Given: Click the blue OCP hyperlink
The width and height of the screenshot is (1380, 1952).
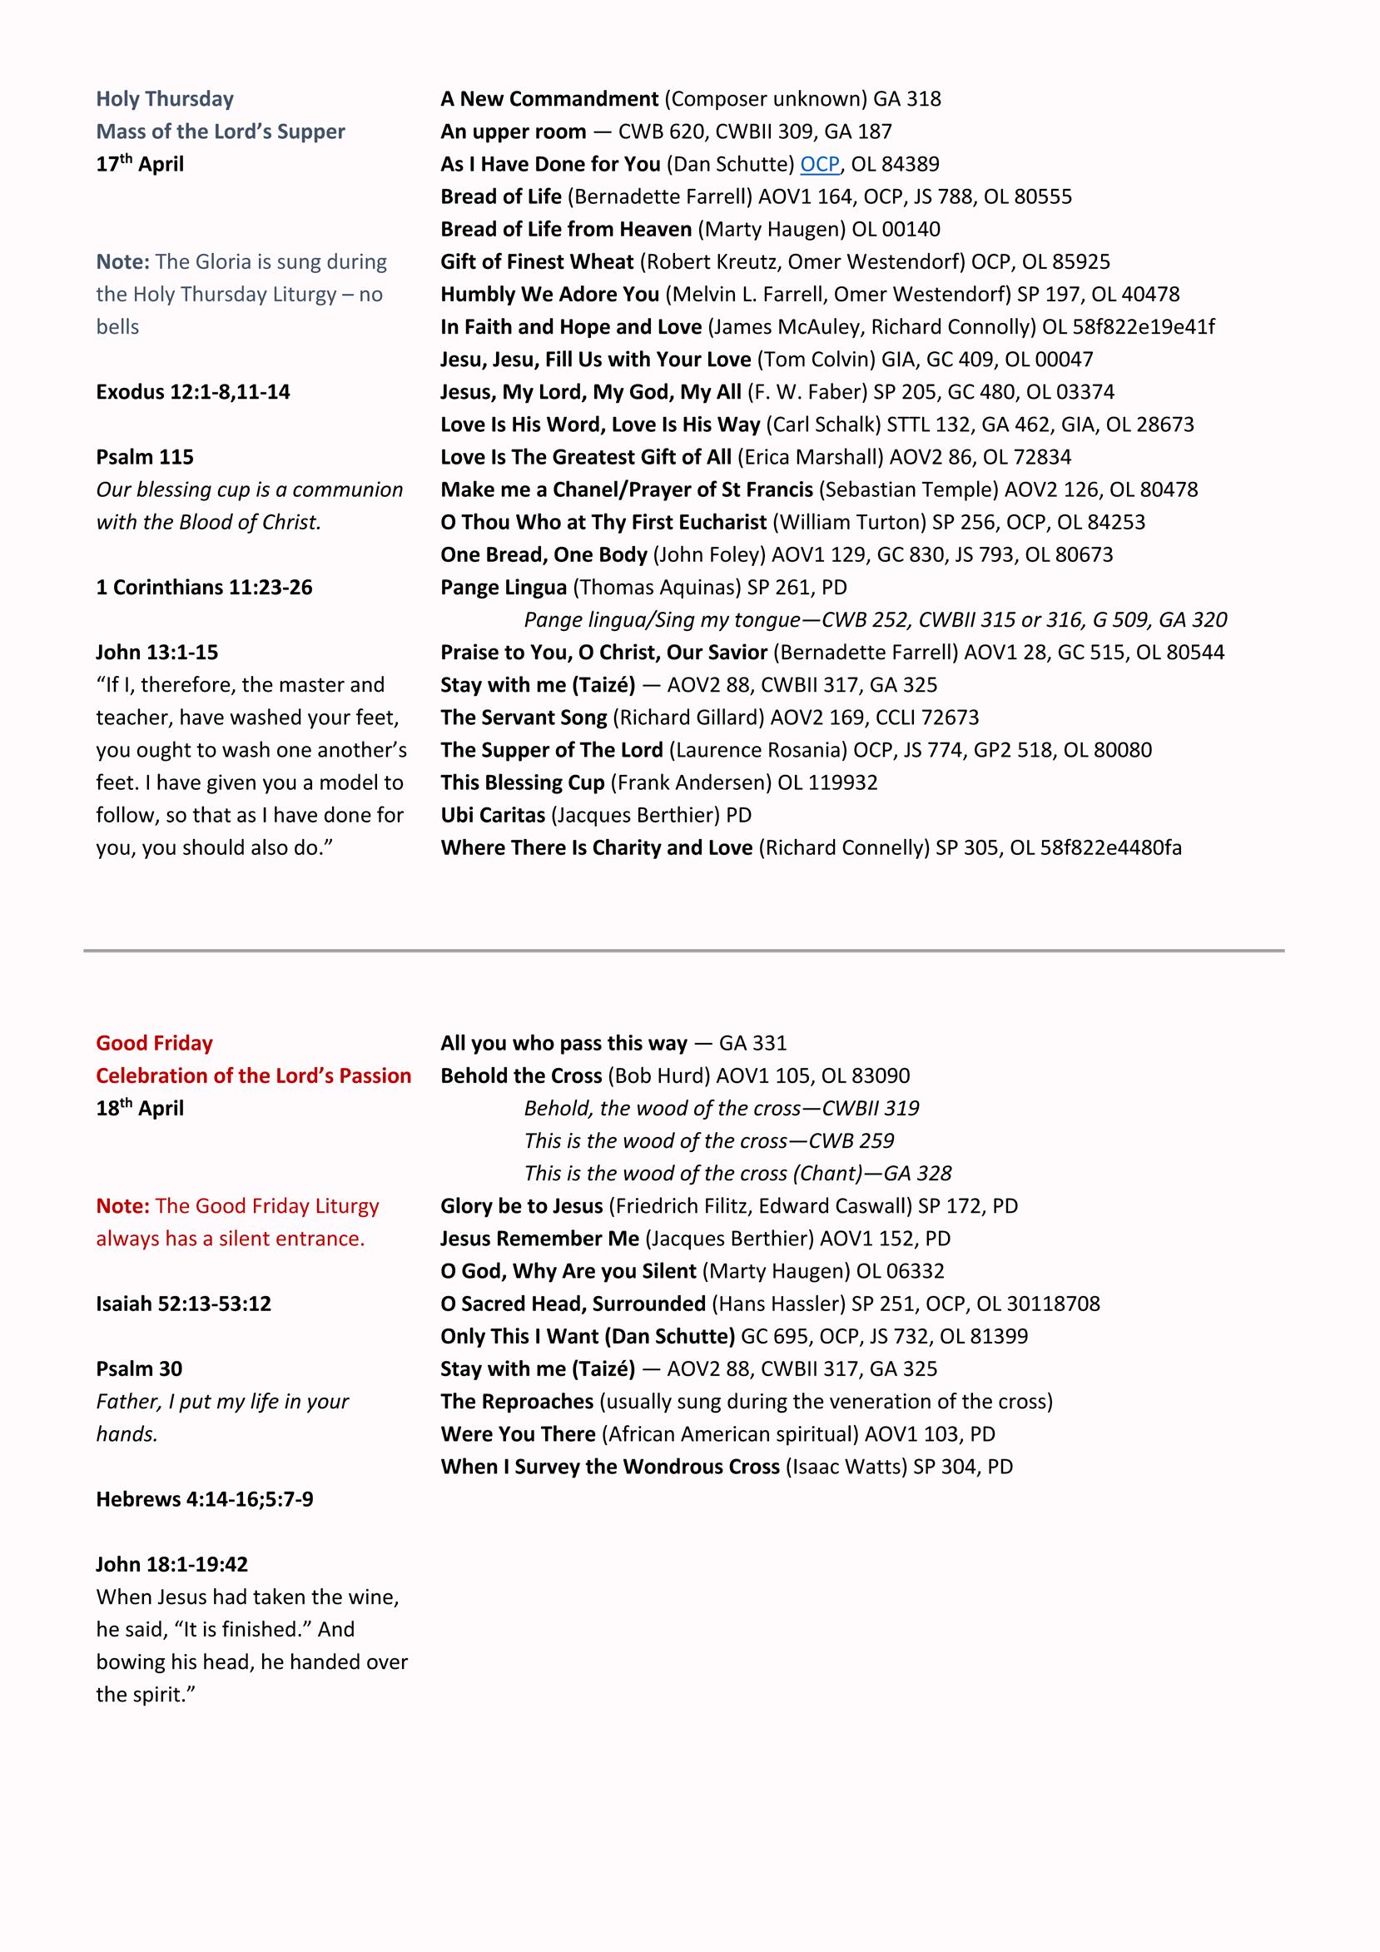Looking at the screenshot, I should point(819,164).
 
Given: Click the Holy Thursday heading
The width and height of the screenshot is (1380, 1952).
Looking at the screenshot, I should point(164,98).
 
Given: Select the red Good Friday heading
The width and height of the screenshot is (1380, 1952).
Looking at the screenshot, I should point(154,1043).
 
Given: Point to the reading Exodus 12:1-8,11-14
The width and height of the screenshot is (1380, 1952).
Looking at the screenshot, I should point(193,392).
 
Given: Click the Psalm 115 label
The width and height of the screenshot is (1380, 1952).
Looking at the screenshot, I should point(145,457).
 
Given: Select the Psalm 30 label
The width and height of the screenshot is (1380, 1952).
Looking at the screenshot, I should point(139,1368).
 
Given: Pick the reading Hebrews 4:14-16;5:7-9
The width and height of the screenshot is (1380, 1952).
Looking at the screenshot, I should point(204,1499).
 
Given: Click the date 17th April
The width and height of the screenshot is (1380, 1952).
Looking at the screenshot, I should point(140,164).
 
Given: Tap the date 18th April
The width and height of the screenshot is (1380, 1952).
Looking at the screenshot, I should point(140,1109).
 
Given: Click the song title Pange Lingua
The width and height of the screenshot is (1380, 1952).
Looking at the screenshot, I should point(504,588).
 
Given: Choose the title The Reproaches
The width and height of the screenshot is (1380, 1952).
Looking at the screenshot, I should point(516,1401).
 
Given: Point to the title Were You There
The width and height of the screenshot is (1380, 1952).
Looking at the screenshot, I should point(518,1434).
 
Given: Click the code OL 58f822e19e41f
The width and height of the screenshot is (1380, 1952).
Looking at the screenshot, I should point(1129,327).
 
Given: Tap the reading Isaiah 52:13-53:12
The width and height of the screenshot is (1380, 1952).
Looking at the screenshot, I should point(183,1304).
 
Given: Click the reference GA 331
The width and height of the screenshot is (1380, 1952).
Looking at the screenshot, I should point(752,1043).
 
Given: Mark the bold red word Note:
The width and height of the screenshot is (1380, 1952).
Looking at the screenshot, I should point(122,1206).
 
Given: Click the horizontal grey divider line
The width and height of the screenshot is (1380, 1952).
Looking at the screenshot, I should point(683,951).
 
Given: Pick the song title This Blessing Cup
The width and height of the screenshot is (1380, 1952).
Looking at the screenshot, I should point(522,783).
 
